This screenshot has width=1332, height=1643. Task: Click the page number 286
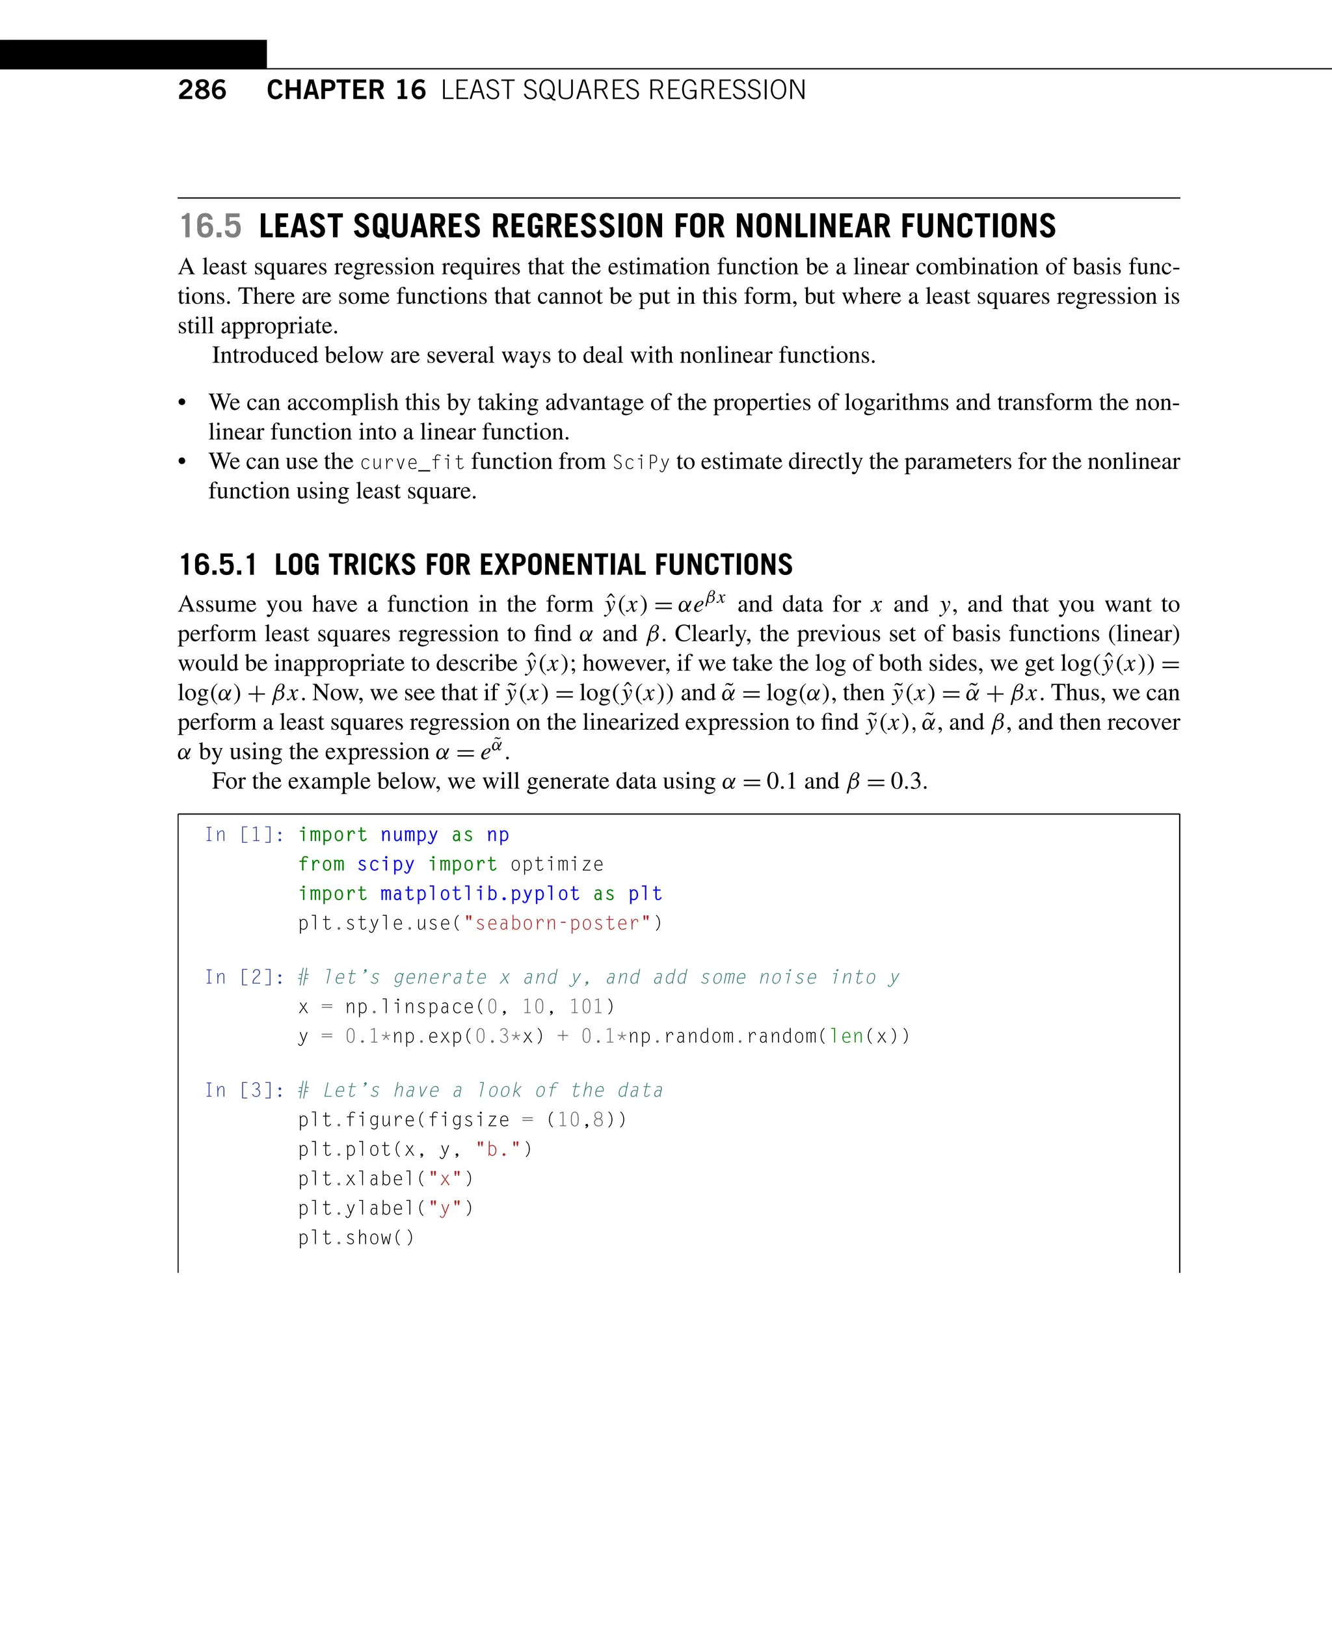click(x=202, y=90)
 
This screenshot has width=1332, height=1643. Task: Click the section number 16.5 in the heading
click(x=210, y=226)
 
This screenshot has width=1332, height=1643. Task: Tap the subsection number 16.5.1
click(x=218, y=565)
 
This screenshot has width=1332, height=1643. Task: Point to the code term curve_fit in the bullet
click(x=412, y=462)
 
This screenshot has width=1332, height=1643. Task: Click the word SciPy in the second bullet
click(x=641, y=462)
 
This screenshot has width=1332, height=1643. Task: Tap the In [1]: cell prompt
click(x=244, y=835)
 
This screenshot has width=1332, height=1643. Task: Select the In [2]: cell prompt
click(x=244, y=978)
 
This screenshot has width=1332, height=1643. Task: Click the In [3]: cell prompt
click(x=244, y=1091)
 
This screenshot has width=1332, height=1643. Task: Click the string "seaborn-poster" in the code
click(x=557, y=923)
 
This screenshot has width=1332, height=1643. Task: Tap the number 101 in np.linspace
click(x=586, y=1007)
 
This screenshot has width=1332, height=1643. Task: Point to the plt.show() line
click(x=356, y=1238)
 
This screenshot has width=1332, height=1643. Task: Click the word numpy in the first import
click(x=409, y=835)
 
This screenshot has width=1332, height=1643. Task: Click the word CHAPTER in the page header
click(x=325, y=90)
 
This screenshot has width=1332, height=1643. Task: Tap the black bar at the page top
click(x=133, y=55)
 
